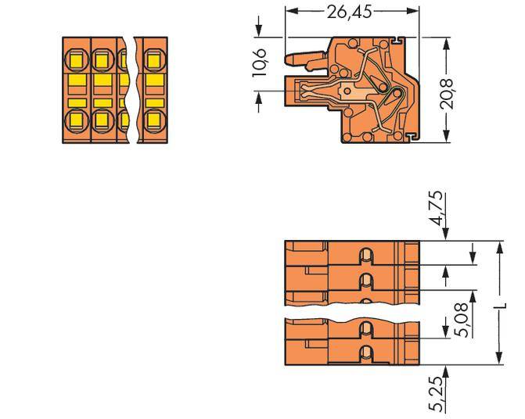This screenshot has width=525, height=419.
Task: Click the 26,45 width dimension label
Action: (x=352, y=12)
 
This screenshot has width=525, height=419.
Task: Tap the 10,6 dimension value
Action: (x=261, y=63)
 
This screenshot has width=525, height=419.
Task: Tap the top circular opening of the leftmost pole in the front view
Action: (x=77, y=58)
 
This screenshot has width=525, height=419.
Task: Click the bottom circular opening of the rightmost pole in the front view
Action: (x=154, y=120)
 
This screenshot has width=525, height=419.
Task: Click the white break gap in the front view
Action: (x=131, y=90)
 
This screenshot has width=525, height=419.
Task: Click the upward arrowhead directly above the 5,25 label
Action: (x=445, y=370)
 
